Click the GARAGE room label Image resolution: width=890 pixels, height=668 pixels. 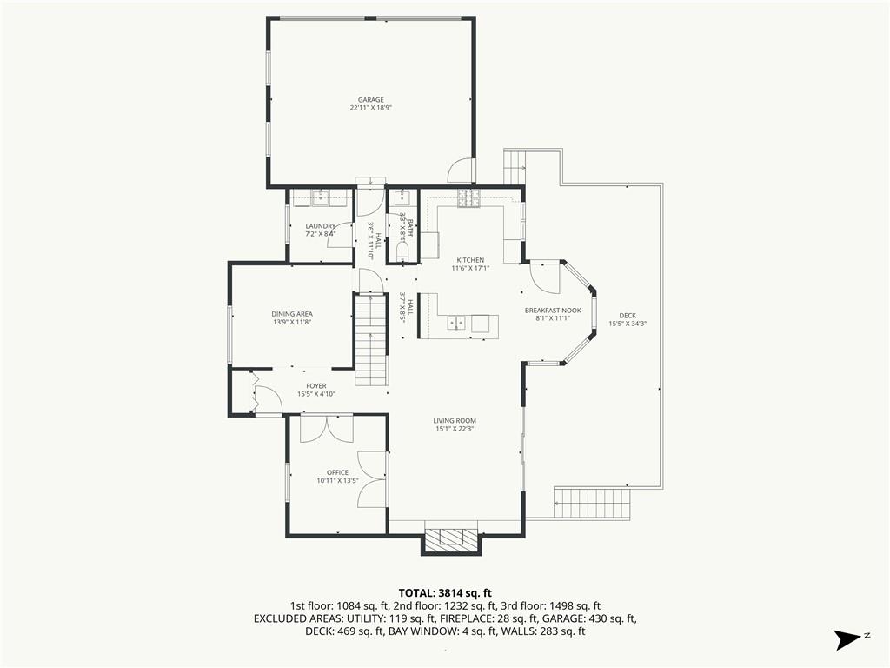[370, 100]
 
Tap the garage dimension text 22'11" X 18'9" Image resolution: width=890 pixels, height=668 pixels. [371, 107]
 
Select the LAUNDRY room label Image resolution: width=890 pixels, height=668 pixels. [321, 226]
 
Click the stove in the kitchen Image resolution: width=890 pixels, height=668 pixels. [468, 197]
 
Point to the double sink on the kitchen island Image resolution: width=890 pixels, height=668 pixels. [456, 323]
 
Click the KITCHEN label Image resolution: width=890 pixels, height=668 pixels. [470, 261]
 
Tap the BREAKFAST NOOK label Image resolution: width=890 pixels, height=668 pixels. [553, 311]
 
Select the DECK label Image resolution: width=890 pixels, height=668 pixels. [628, 316]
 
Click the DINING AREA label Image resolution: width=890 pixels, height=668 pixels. [292, 314]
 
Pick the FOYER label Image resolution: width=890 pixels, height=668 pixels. [316, 386]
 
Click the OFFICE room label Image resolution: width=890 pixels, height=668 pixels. [338, 472]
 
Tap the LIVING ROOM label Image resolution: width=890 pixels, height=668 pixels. [455, 421]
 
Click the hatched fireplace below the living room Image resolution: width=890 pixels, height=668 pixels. [451, 538]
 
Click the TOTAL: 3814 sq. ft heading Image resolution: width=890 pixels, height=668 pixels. [445, 594]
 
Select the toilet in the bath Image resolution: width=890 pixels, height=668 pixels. [402, 250]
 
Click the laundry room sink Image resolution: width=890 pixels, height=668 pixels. [322, 198]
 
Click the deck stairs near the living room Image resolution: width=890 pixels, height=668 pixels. [593, 503]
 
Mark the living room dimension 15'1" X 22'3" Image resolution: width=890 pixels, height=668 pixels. [454, 429]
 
